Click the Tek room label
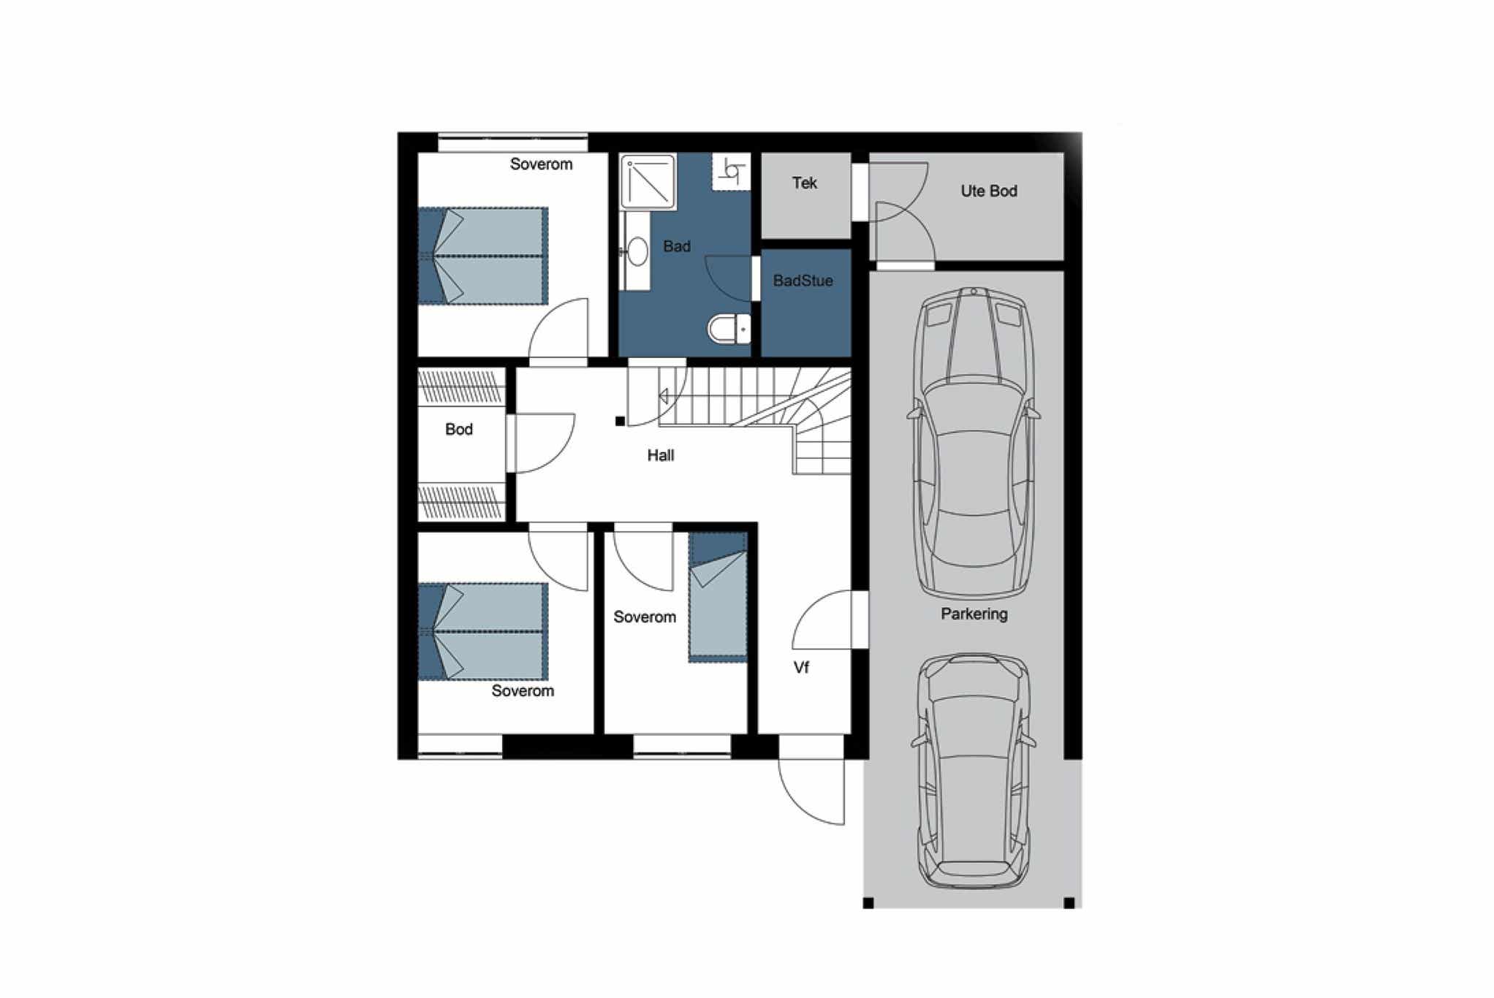click(x=804, y=183)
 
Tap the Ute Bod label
click(x=988, y=191)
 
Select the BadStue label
click(x=803, y=281)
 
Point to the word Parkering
click(x=974, y=614)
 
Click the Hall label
click(x=660, y=455)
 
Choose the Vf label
click(x=801, y=667)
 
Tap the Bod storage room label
click(x=458, y=429)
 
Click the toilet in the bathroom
click(x=729, y=329)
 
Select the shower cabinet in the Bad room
click(x=648, y=181)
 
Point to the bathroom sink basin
click(x=637, y=251)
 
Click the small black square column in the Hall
click(x=620, y=421)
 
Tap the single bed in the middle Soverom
click(x=718, y=598)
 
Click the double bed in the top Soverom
click(x=483, y=256)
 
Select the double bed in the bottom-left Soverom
click(x=483, y=631)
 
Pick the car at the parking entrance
click(x=974, y=771)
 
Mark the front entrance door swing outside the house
click(x=811, y=793)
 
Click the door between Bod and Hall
click(x=541, y=443)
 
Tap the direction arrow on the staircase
click(x=664, y=397)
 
